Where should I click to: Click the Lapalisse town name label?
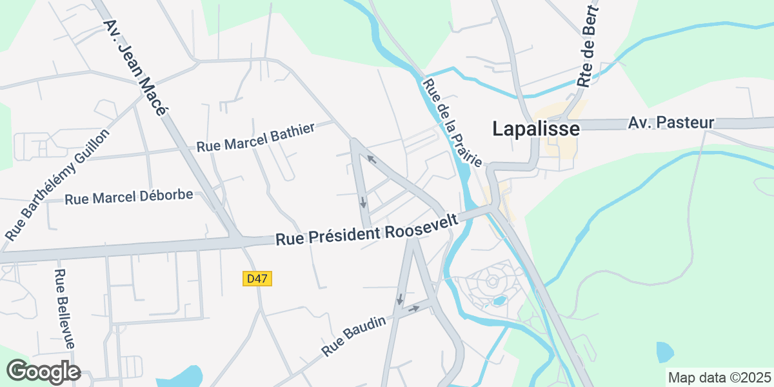click(535, 128)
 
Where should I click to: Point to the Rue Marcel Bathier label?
click(255, 137)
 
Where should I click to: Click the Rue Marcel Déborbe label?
click(129, 197)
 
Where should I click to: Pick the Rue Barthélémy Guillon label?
click(58, 184)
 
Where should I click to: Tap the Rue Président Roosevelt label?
click(367, 229)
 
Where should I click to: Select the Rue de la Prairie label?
click(452, 122)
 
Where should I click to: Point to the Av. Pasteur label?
click(671, 123)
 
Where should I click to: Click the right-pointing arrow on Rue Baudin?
click(414, 308)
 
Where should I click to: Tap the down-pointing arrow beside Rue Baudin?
click(399, 299)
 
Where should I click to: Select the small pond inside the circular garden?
click(498, 300)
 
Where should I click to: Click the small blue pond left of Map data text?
click(664, 353)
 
